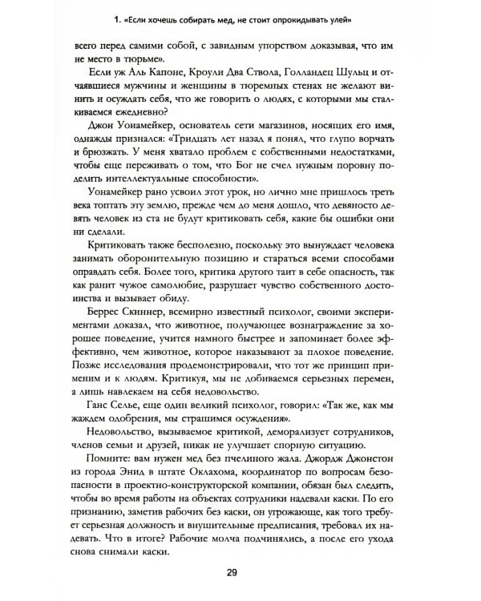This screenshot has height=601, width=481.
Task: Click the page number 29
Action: (x=240, y=571)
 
